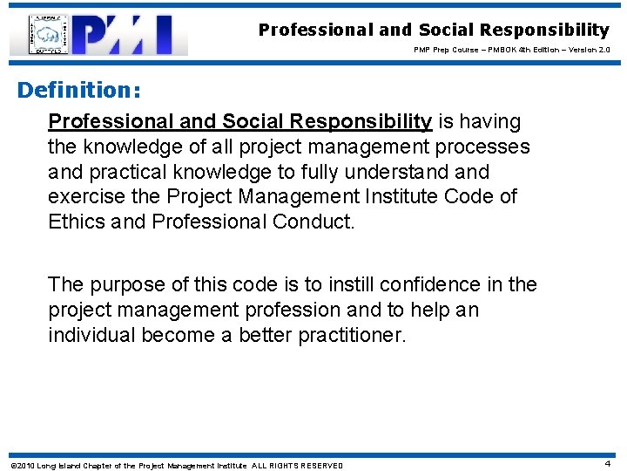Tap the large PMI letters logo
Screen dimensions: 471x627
pos(131,35)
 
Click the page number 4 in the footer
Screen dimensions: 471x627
pos(607,464)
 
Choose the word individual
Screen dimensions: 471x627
pos(95,335)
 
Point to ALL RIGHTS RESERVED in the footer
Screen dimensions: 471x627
pos(297,465)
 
